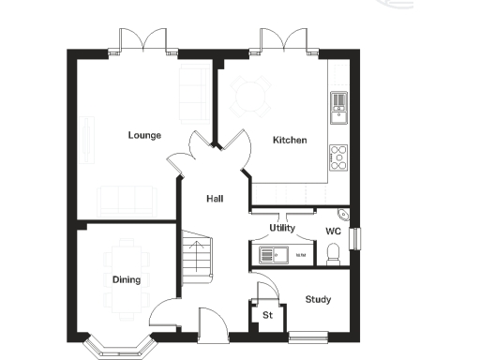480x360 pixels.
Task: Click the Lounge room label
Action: click(144, 135)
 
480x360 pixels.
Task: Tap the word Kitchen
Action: click(290, 140)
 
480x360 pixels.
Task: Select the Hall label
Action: click(215, 198)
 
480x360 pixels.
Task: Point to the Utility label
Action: click(282, 228)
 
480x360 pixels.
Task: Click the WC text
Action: click(333, 231)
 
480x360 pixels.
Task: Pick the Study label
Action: click(318, 300)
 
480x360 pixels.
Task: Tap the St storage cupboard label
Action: click(267, 315)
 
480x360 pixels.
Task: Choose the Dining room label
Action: click(127, 279)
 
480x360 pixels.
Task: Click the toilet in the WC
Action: click(332, 252)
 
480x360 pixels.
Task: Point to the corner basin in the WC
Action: click(344, 216)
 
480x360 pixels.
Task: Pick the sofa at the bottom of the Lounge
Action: click(127, 199)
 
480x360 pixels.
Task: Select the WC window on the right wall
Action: click(354, 238)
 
